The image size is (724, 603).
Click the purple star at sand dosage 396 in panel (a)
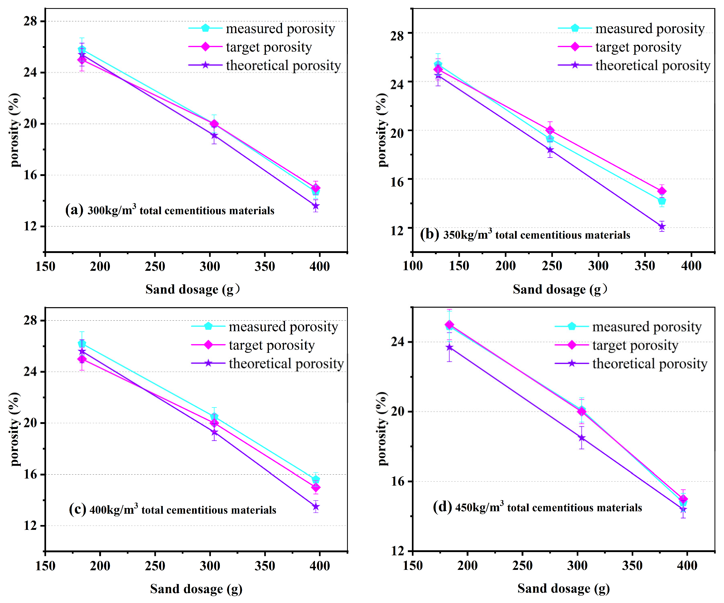pos(316,206)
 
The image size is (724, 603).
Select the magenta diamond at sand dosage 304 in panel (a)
pos(214,124)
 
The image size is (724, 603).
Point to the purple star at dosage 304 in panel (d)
pos(582,438)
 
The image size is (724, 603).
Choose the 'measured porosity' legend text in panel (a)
pos(280,29)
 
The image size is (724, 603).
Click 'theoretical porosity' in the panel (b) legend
pos(653,65)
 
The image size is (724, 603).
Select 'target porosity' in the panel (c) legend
pos(272,345)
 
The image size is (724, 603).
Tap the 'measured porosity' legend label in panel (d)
pos(647,327)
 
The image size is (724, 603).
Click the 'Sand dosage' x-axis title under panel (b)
pos(560,289)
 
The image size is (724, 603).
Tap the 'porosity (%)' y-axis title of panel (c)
pos(15,429)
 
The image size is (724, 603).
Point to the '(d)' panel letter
pos(442,507)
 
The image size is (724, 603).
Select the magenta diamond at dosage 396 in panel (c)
pos(316,487)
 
